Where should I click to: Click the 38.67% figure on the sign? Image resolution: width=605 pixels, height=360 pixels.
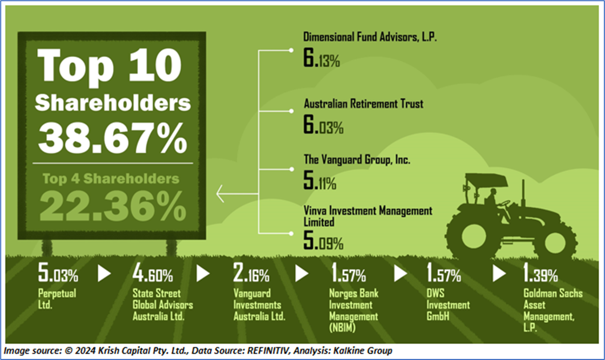click(x=112, y=138)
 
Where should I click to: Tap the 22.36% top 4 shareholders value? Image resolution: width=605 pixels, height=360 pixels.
click(x=112, y=204)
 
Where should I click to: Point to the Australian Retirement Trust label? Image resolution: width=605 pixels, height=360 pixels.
click(x=363, y=104)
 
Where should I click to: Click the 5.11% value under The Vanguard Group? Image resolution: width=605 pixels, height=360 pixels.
click(x=320, y=182)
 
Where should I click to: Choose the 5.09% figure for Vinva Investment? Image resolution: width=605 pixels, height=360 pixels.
click(x=323, y=241)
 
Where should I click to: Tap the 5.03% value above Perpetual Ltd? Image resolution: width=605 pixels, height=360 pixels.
click(x=58, y=275)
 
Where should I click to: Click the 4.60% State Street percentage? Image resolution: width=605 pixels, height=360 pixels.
click(x=153, y=275)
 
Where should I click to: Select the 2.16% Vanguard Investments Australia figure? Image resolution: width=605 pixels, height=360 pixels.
click(x=251, y=275)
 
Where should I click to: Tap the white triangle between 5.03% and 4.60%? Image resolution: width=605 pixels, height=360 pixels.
click(x=104, y=273)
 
